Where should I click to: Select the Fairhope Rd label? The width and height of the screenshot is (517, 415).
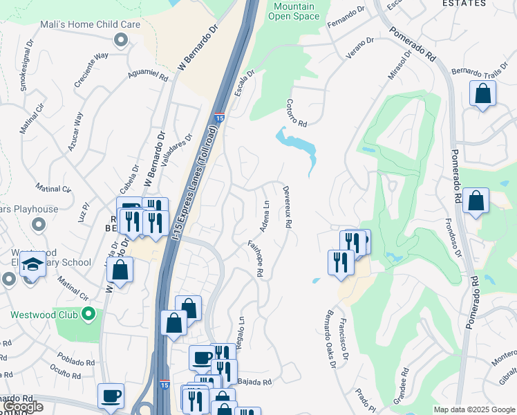tap(256, 259)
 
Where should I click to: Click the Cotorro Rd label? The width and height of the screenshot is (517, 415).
tap(296, 111)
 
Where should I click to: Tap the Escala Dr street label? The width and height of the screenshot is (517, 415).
tap(245, 82)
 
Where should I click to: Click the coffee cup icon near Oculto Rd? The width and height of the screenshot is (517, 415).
tap(111, 396)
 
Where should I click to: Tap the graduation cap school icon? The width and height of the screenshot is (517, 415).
tap(32, 264)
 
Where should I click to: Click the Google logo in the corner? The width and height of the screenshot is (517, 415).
tap(22, 407)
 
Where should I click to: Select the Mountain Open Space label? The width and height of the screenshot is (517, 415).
tap(296, 11)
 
